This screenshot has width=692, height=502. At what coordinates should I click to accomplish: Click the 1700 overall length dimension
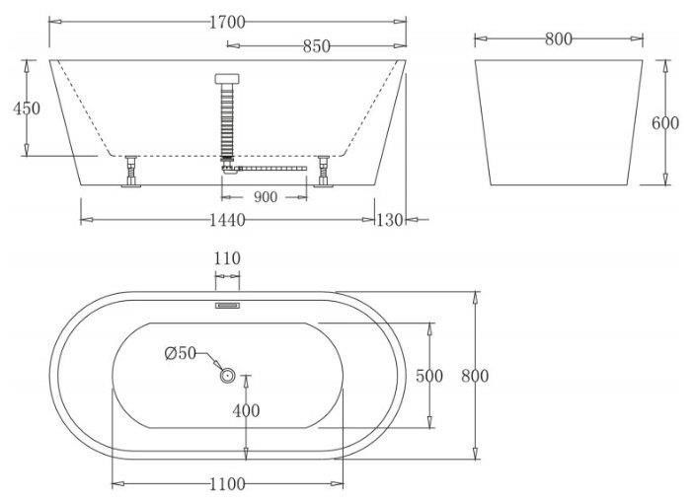(227, 22)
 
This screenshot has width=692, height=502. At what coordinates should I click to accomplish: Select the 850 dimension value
(317, 45)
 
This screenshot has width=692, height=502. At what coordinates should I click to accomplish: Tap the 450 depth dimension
(27, 108)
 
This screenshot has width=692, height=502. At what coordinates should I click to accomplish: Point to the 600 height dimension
(665, 123)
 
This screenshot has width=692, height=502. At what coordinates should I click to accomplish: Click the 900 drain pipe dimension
(266, 197)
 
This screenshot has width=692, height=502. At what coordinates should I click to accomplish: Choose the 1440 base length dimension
(227, 220)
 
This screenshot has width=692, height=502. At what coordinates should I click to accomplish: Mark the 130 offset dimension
(389, 220)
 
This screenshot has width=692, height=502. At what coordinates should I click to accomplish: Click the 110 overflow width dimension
(227, 258)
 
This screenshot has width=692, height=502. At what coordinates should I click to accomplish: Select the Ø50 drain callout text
(180, 353)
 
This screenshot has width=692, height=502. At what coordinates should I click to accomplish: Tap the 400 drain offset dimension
(246, 410)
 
